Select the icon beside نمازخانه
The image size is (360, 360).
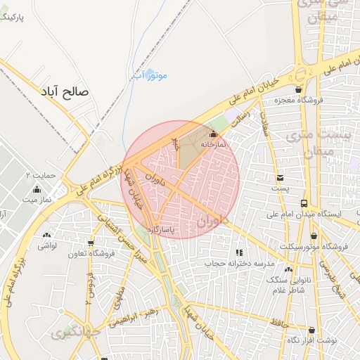pos(214,134)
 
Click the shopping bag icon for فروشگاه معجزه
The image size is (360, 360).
pos(299,90)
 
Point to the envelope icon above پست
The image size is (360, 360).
pos(281,178)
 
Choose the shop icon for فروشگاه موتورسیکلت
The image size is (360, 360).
pos(314,236)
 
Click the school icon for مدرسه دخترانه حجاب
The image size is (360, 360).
pos(239,252)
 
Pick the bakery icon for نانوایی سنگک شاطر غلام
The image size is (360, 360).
pos(289,268)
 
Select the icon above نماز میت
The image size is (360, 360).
pos(37,189)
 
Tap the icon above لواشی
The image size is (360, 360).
pos(47,236)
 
